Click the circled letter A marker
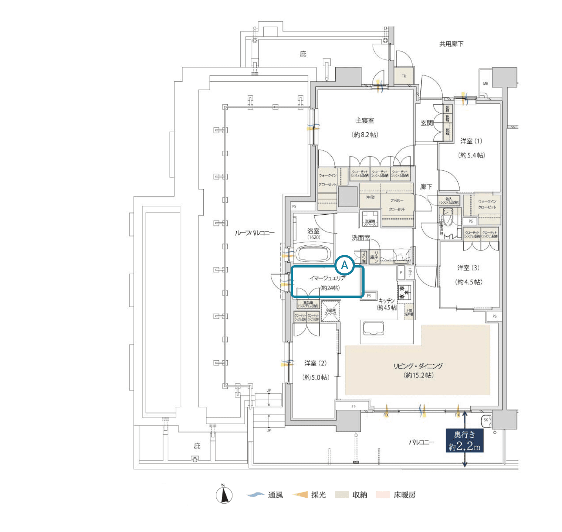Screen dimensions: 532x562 point(345,265)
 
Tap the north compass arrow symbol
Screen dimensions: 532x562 point(224,495)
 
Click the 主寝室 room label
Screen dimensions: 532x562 point(365,120)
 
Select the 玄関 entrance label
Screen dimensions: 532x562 point(427,123)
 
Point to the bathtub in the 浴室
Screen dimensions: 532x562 point(313,254)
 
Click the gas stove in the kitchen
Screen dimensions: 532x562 point(404,292)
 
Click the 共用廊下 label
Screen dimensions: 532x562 point(451,44)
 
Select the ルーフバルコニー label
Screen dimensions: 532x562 point(255,233)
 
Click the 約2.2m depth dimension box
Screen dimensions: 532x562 point(464,440)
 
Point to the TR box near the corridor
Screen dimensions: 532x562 point(404,76)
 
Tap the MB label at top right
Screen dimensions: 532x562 point(485,84)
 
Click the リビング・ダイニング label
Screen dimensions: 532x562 point(418,366)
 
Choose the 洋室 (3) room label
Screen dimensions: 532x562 point(468,268)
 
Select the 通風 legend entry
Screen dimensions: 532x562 point(266,495)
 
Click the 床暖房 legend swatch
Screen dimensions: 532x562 point(383,495)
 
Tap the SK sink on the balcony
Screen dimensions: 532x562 point(486,420)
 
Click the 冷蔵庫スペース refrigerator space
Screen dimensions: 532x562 point(331,311)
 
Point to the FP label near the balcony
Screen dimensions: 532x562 point(353,407)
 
